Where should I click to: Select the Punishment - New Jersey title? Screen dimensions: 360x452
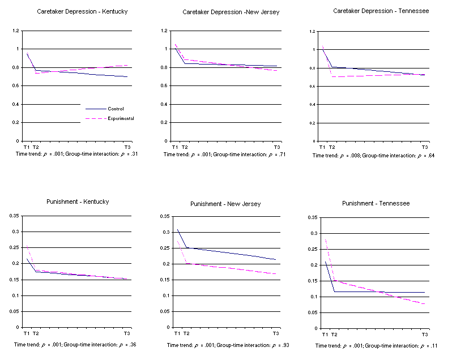(225, 204)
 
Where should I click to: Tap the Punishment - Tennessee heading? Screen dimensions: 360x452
(376, 203)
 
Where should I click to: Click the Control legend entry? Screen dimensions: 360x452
(115, 109)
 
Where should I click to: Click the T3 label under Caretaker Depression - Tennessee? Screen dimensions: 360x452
(424, 148)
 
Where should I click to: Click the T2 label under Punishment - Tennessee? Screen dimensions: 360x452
(334, 334)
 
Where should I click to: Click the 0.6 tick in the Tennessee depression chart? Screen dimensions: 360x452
(312, 86)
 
